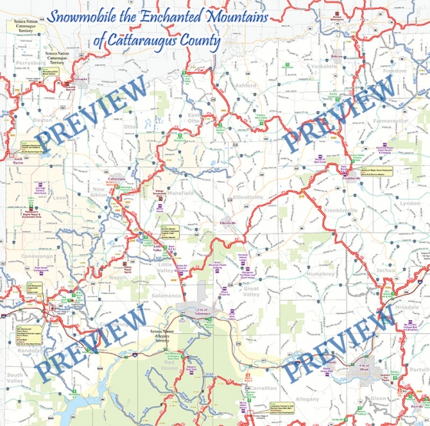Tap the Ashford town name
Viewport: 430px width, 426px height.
[x=246, y=85]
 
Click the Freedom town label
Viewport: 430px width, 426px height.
[x=395, y=71]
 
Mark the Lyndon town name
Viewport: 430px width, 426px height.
[x=410, y=203]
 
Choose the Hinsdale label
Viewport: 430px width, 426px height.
[x=406, y=306]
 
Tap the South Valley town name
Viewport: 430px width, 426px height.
[x=16, y=376]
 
